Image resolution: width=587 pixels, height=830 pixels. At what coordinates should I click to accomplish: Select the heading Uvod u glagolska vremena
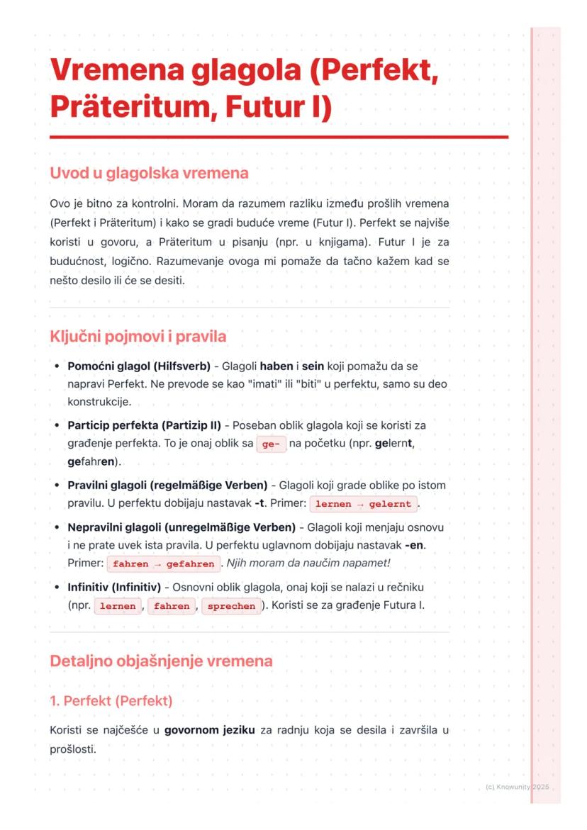click(149, 173)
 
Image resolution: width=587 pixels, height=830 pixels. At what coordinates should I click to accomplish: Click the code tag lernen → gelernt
click(364, 504)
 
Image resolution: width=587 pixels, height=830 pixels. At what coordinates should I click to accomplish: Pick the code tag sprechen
click(231, 607)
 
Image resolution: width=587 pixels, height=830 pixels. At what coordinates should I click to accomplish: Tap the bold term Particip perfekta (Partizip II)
click(144, 425)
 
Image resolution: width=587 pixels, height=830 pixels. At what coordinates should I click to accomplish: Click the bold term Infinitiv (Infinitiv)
click(115, 588)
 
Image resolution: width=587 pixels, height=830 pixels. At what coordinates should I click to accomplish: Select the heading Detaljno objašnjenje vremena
click(161, 661)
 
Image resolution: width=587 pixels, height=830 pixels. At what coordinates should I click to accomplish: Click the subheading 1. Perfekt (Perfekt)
click(111, 701)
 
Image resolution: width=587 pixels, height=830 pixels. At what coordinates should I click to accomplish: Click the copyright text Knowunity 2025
click(522, 787)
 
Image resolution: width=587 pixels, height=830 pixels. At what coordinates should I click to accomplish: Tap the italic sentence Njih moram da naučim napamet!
click(308, 563)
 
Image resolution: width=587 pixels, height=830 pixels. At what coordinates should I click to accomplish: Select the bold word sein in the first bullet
click(313, 366)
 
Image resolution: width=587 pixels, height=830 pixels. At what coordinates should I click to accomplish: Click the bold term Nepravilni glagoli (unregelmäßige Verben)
click(181, 527)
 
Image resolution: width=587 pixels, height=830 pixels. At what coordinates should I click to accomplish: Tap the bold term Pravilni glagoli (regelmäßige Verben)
click(167, 486)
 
